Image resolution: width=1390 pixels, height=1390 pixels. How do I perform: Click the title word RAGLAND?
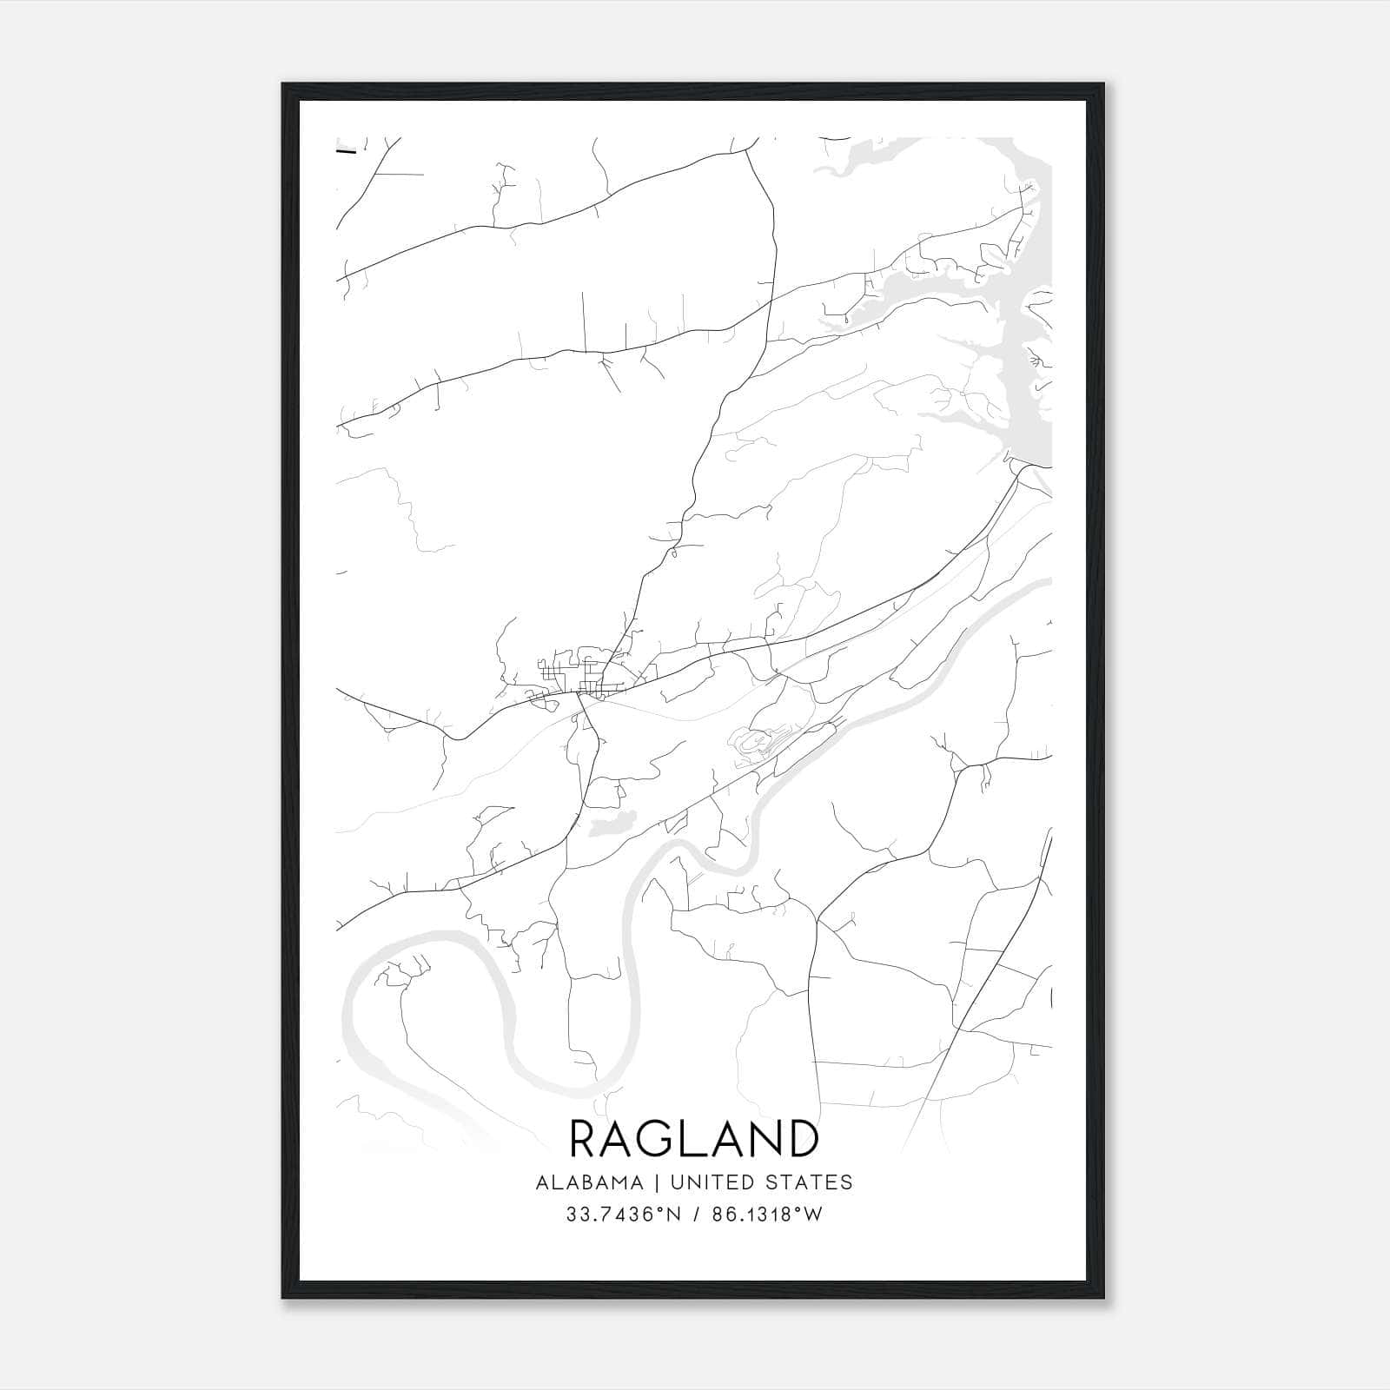[694, 1139]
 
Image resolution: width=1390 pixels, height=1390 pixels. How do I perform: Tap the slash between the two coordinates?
[693, 1215]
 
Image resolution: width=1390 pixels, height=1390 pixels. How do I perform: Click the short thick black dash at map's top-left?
[346, 152]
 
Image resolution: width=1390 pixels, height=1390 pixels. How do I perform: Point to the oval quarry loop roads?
[754, 744]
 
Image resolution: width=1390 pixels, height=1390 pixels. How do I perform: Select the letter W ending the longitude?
[813, 1215]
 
